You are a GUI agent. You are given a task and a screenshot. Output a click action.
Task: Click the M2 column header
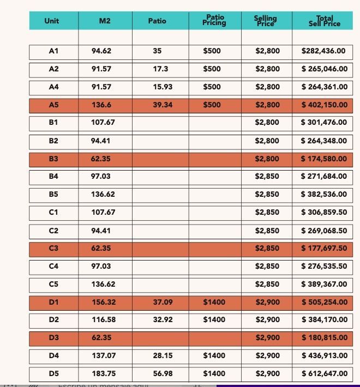point(105,21)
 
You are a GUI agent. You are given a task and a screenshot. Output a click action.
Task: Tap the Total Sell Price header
point(324,21)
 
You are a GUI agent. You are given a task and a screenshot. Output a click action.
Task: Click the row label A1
point(53,51)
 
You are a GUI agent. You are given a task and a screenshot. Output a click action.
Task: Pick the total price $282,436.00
point(323,51)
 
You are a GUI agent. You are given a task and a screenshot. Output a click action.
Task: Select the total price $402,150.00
point(323,105)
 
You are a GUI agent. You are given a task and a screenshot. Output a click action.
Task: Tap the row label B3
point(53,159)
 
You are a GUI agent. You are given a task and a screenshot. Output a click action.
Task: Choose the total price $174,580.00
point(323,159)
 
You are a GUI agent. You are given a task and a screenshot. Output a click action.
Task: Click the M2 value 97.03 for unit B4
point(101,176)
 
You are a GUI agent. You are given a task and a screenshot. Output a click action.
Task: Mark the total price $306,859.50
point(323,212)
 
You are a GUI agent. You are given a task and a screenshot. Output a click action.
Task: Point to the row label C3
point(53,248)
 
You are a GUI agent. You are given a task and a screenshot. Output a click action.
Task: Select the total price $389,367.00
point(323,284)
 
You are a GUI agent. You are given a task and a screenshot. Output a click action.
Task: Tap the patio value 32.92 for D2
point(163,319)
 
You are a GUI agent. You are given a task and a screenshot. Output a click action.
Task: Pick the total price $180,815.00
point(323,337)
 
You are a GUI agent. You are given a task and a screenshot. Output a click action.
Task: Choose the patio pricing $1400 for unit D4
point(214,355)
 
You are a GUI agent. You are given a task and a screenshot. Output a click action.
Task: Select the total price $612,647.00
point(323,373)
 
